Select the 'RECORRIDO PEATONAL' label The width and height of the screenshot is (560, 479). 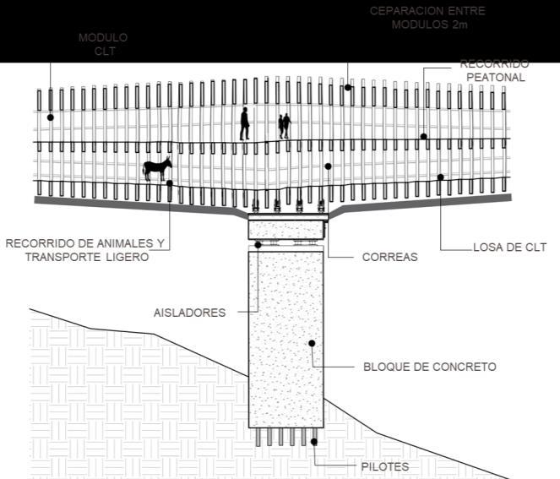[495, 70]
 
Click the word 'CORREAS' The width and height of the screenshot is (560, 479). [389, 257]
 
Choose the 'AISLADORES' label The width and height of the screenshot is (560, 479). [189, 313]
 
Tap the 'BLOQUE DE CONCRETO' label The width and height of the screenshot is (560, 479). [429, 367]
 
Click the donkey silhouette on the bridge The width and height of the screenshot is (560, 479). [156, 168]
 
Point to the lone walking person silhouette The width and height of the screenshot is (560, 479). [244, 123]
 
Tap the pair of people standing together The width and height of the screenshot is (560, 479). [285, 126]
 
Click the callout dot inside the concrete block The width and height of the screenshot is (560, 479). [312, 343]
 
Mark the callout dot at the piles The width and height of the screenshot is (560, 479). [313, 441]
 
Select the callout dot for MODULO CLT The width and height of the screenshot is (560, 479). [50, 117]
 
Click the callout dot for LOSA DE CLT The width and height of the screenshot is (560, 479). [440, 177]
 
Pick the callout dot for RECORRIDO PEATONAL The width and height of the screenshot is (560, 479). [424, 136]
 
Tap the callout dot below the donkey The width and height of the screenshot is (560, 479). [170, 182]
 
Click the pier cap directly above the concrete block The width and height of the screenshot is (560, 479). [287, 228]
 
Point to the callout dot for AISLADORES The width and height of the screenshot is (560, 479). [258, 245]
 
